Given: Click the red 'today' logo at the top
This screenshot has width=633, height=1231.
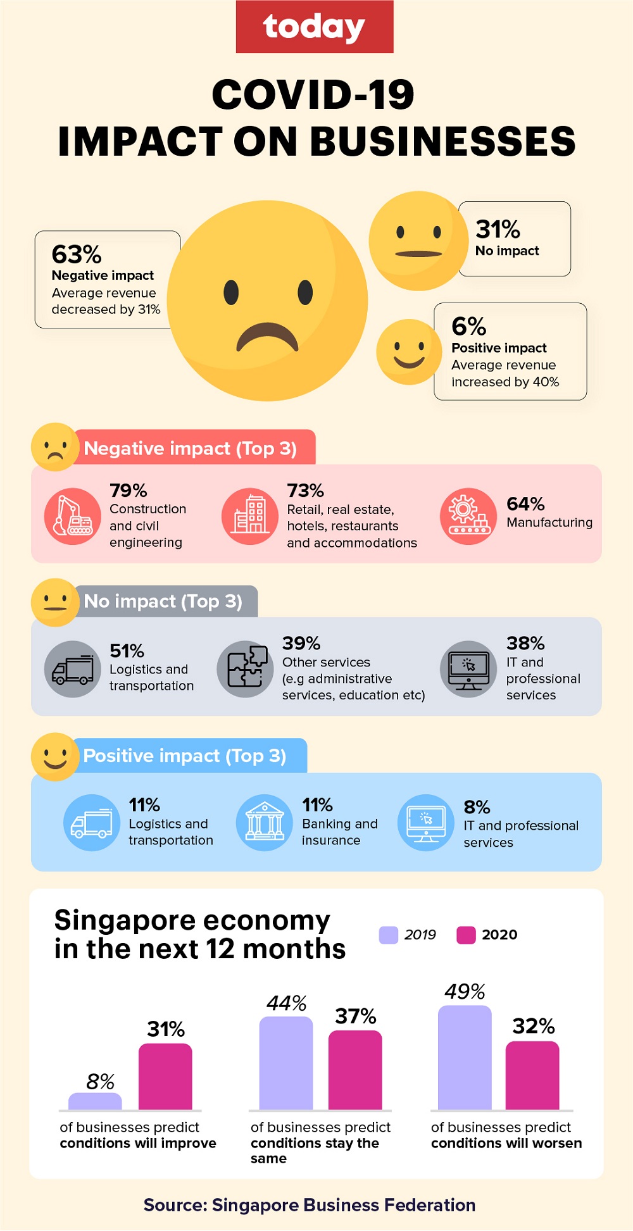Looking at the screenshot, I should [315, 27].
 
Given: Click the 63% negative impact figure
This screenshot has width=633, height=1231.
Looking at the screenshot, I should [77, 254].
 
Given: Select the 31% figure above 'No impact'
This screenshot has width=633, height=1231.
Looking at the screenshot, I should [498, 229].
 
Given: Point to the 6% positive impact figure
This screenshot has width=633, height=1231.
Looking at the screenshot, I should [468, 327].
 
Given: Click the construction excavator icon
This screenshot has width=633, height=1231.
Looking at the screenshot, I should [73, 516].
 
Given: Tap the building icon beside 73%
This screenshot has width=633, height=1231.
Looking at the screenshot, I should [250, 516].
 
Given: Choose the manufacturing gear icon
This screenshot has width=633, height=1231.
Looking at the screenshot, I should [468, 516].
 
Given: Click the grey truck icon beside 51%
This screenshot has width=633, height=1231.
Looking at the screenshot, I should [73, 670].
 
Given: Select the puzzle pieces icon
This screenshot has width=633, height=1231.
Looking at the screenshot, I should [246, 669].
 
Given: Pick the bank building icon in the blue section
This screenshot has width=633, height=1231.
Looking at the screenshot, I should [265, 823].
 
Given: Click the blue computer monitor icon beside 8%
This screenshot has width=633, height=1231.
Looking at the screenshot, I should [426, 823].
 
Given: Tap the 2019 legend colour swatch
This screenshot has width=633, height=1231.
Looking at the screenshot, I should [388, 935].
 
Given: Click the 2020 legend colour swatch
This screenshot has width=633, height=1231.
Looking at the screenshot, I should [466, 935].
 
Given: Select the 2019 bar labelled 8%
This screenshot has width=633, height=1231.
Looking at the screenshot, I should [95, 1101].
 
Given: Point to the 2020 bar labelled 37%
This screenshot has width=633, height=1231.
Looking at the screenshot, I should [355, 1070].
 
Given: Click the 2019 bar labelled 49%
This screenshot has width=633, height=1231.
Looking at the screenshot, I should [465, 1057].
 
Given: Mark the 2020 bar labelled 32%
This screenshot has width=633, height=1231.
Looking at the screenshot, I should [532, 1075].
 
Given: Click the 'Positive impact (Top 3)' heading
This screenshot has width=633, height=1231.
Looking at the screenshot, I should [185, 756].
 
